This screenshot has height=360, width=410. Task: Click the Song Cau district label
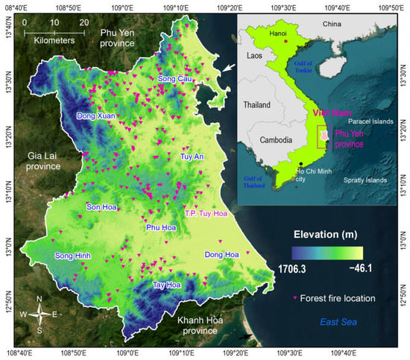175,79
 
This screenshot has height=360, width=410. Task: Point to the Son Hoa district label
102,206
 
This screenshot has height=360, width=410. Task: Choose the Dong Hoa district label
221,255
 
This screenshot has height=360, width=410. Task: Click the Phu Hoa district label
162,227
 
